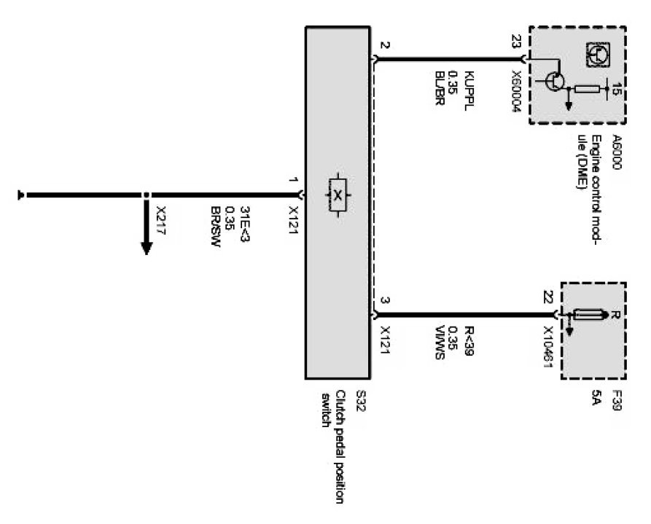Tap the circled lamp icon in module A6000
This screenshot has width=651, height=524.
[x=599, y=54]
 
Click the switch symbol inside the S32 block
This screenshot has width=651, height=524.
[x=338, y=195]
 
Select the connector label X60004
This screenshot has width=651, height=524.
[x=517, y=88]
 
